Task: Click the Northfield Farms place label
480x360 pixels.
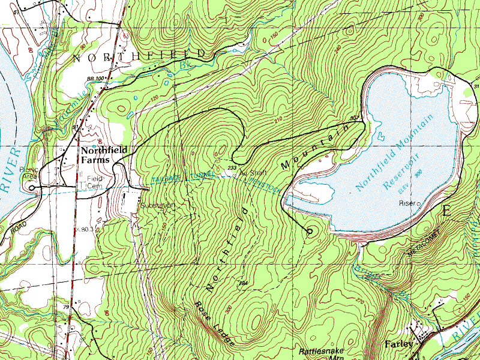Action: [x=104, y=155]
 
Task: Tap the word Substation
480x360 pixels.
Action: [x=157, y=205]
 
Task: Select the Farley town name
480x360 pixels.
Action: [x=399, y=344]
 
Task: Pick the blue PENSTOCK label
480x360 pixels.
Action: [x=266, y=185]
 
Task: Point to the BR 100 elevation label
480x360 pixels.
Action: [x=95, y=79]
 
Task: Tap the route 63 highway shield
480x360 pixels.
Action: [x=125, y=37]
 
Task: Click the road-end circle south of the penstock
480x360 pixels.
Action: [x=310, y=231]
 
